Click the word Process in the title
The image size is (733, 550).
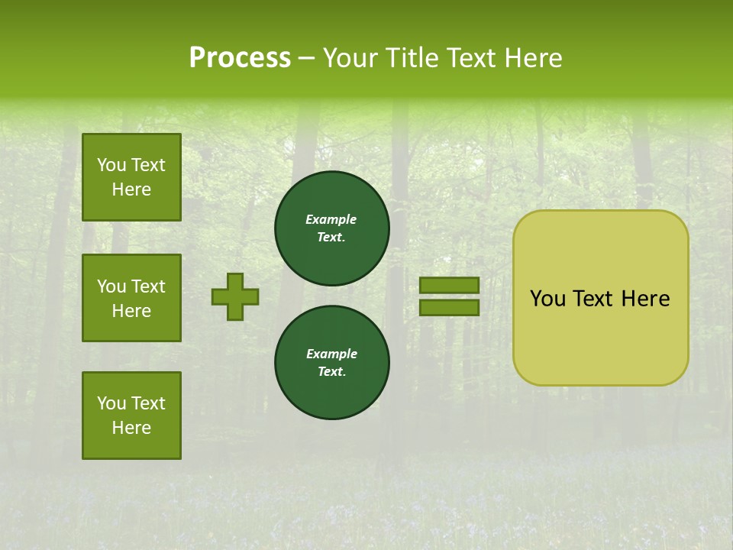pos(240,58)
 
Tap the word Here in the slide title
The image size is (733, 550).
pos(531,58)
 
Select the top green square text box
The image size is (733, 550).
pos(131,177)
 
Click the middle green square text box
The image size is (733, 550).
pos(131,298)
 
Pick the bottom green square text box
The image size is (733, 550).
pos(131,416)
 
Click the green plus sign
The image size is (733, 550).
pos(235,296)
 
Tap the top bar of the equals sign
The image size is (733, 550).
pos(450,285)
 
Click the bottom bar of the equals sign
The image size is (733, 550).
pos(450,308)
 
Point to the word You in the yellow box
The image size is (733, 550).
pos(548,299)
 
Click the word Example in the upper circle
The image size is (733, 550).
pos(331,219)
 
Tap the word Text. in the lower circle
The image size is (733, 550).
pos(331,372)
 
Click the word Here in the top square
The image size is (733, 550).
pos(131,189)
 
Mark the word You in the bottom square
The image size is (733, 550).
pos(111,403)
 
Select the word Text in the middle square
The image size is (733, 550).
pos(148,286)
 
